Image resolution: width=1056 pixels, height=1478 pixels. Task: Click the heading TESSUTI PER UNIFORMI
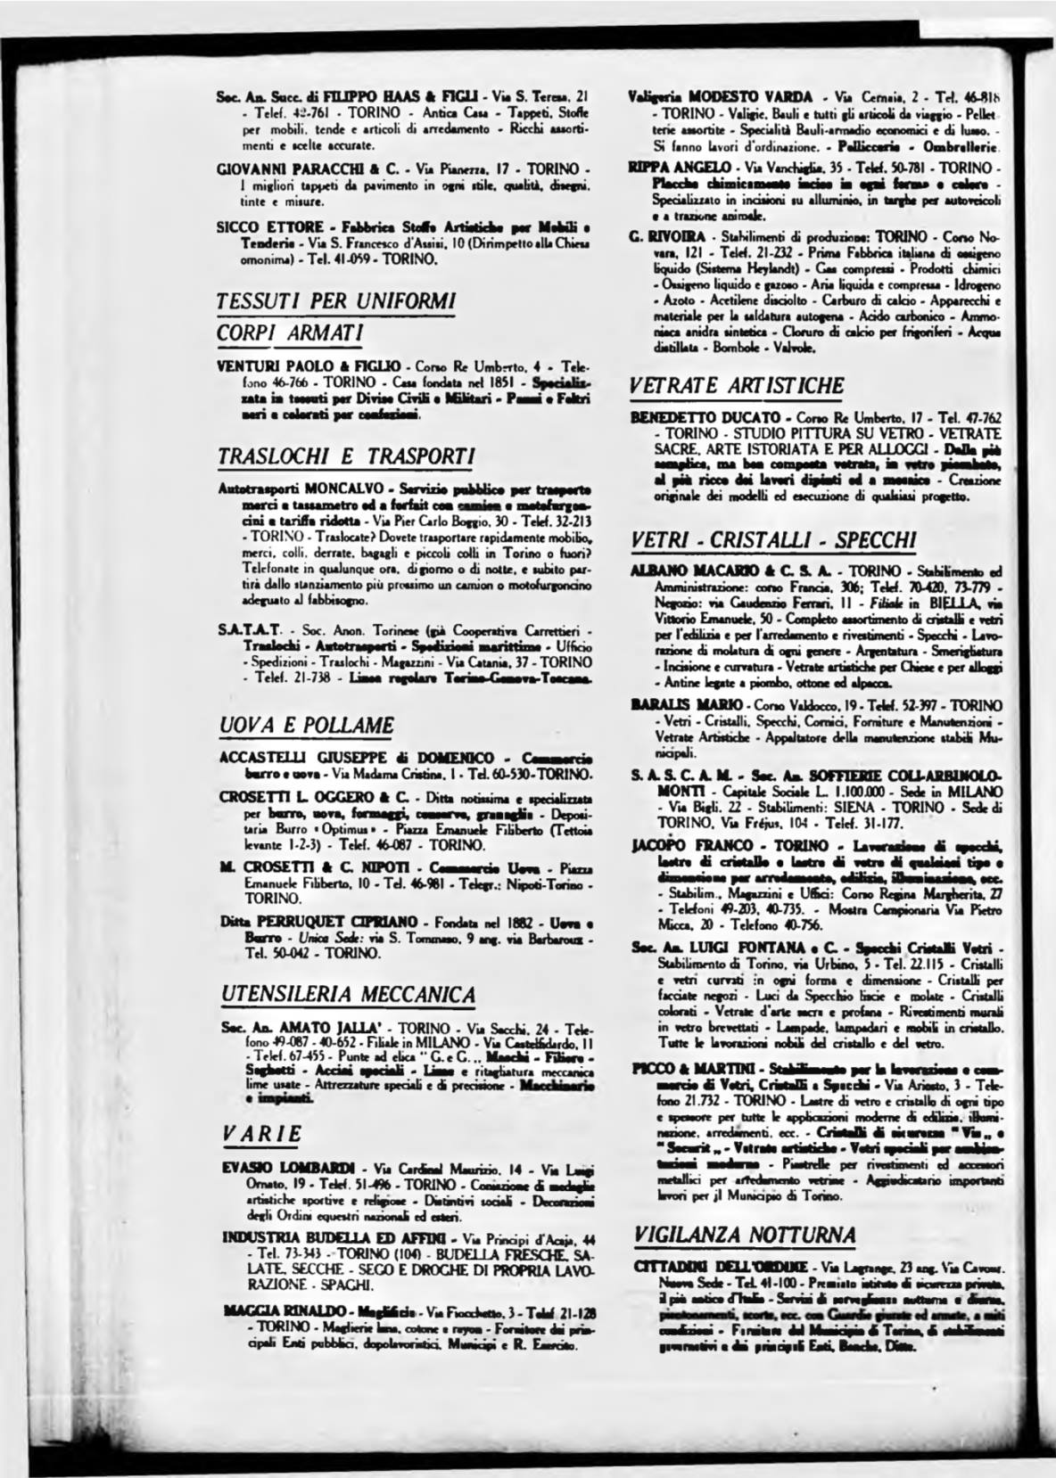click(336, 299)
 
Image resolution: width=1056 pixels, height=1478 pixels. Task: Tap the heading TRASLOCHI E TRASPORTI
click(346, 456)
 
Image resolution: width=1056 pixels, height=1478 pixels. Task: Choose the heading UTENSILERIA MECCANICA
click(348, 994)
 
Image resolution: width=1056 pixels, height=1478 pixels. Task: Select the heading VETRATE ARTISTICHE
click(737, 386)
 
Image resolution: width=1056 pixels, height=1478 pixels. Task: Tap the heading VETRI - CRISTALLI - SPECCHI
click(773, 540)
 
